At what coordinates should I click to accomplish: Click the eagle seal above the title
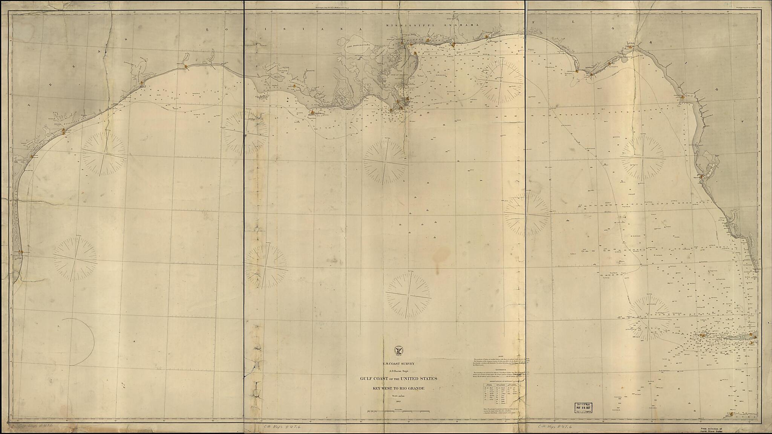tap(398, 350)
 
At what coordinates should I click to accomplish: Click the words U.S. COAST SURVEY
tap(398, 363)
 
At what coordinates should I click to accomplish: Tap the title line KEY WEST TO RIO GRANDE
tap(398, 388)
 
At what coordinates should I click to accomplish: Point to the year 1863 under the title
tap(398, 402)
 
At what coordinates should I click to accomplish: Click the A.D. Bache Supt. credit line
tap(398, 371)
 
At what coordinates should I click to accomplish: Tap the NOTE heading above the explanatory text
tap(501, 356)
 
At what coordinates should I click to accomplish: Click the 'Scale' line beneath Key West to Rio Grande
tap(398, 396)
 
